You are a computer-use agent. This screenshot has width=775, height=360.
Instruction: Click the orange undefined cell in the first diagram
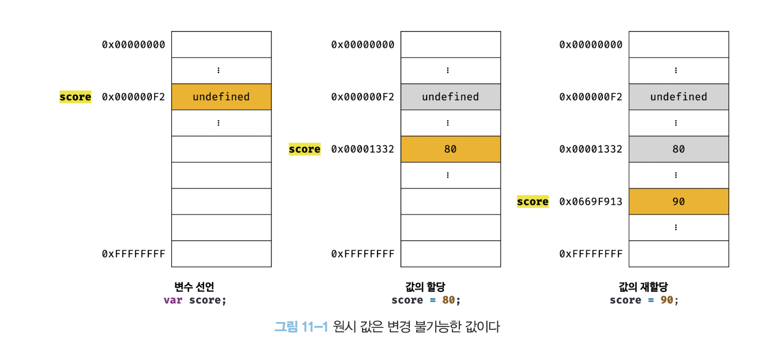(221, 97)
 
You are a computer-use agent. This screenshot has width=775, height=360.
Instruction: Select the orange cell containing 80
(450, 149)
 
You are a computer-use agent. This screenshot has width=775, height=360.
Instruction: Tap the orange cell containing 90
(679, 201)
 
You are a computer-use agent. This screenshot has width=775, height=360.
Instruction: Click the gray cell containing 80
(679, 149)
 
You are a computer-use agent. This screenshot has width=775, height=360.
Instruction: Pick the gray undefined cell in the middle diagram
(450, 97)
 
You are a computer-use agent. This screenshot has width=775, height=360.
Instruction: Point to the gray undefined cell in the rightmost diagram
(679, 97)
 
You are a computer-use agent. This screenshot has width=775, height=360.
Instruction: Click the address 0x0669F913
(591, 201)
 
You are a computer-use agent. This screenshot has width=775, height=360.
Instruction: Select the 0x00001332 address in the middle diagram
(362, 149)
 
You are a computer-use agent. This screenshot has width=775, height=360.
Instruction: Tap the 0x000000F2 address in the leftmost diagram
(133, 97)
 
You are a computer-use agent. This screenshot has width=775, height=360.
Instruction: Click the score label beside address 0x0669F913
(533, 202)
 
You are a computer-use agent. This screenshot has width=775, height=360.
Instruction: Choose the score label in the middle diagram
(304, 149)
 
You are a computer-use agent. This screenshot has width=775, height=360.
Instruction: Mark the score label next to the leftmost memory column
(75, 97)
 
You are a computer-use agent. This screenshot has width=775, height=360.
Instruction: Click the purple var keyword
(173, 300)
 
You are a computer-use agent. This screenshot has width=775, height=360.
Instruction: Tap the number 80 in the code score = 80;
(449, 300)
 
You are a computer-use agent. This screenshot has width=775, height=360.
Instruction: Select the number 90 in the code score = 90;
(666, 300)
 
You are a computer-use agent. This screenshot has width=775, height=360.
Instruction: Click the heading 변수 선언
(194, 286)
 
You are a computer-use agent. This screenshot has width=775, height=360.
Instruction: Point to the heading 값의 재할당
(643, 286)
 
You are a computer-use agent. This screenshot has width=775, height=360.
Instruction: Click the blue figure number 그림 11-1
(301, 326)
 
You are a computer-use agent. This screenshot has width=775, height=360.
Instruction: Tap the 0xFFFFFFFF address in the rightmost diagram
(591, 254)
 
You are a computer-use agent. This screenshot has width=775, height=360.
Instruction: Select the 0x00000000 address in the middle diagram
(362, 44)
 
